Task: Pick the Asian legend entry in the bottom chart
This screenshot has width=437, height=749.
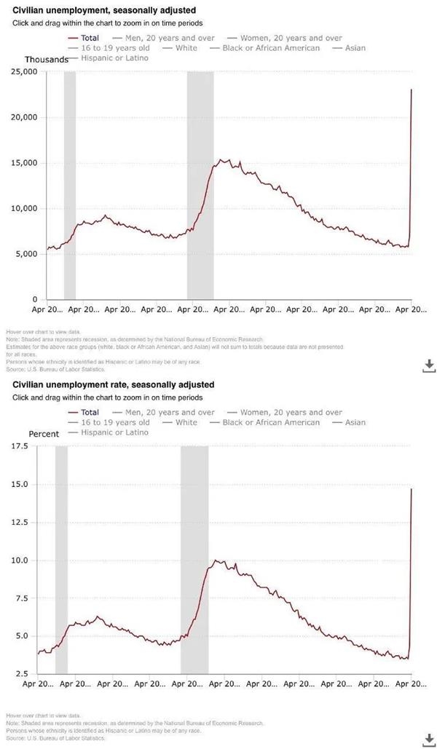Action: (x=355, y=422)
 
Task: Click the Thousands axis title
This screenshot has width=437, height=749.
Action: (x=46, y=59)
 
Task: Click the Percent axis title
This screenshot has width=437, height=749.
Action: (x=44, y=434)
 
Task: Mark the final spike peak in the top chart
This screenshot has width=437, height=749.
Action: (x=412, y=90)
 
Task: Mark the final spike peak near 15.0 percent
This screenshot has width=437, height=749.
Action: (x=412, y=489)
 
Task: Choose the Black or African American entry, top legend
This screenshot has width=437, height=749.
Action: (x=271, y=48)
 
